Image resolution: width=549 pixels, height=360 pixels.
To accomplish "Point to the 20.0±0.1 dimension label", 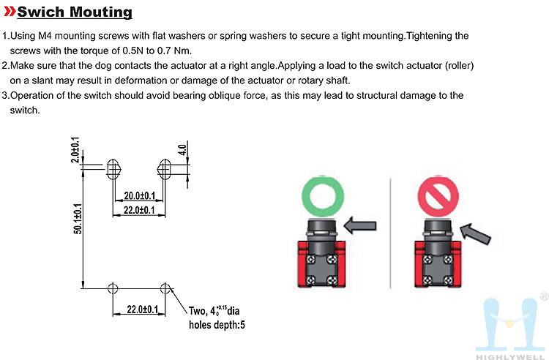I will click(x=138, y=196).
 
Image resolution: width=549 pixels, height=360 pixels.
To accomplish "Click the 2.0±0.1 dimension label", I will click(x=75, y=150).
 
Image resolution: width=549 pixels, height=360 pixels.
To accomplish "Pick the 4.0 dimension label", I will click(x=182, y=151).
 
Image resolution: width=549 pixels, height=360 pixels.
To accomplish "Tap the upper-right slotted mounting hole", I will click(x=165, y=169).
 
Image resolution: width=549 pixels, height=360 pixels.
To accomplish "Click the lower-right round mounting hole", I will click(x=165, y=288).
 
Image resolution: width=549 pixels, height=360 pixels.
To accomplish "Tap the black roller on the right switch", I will click(x=437, y=226).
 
